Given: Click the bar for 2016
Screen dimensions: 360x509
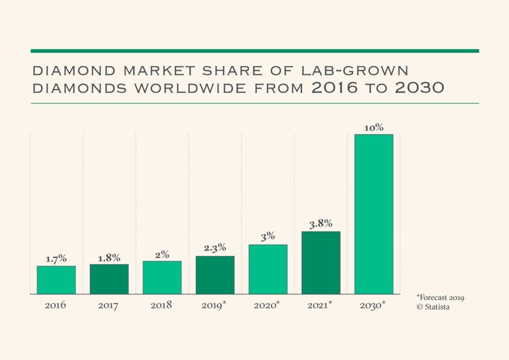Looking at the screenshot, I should pyautogui.click(x=56, y=279).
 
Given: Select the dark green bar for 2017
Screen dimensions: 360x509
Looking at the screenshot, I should pyautogui.click(x=109, y=279).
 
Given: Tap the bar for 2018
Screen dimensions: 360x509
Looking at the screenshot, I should pyautogui.click(x=162, y=277).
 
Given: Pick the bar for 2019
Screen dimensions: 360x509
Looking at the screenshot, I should pyautogui.click(x=215, y=275).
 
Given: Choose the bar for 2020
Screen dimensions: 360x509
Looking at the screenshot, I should pyautogui.click(x=268, y=269).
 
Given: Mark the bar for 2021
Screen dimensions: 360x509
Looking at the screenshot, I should pyautogui.click(x=321, y=262).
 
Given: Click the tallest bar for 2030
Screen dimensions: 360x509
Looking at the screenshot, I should pyautogui.click(x=373, y=213).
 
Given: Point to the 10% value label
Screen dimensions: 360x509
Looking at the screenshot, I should pyautogui.click(x=373, y=127).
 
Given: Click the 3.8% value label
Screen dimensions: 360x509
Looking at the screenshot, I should pyautogui.click(x=321, y=223).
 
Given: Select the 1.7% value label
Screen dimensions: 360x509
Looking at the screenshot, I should pyautogui.click(x=56, y=259).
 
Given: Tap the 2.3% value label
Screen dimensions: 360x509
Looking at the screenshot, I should pyautogui.click(x=215, y=248).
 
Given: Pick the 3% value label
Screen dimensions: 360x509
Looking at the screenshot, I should pyautogui.click(x=268, y=237).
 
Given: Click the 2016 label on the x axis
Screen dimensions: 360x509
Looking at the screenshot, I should pyautogui.click(x=55, y=304).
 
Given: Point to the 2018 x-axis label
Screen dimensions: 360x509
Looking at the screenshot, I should pyautogui.click(x=161, y=304).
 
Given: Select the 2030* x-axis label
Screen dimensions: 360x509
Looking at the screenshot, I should pyautogui.click(x=373, y=304).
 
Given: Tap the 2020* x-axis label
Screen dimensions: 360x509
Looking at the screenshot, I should pyautogui.click(x=268, y=304).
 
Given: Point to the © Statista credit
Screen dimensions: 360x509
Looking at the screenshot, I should pyautogui.click(x=433, y=306).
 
